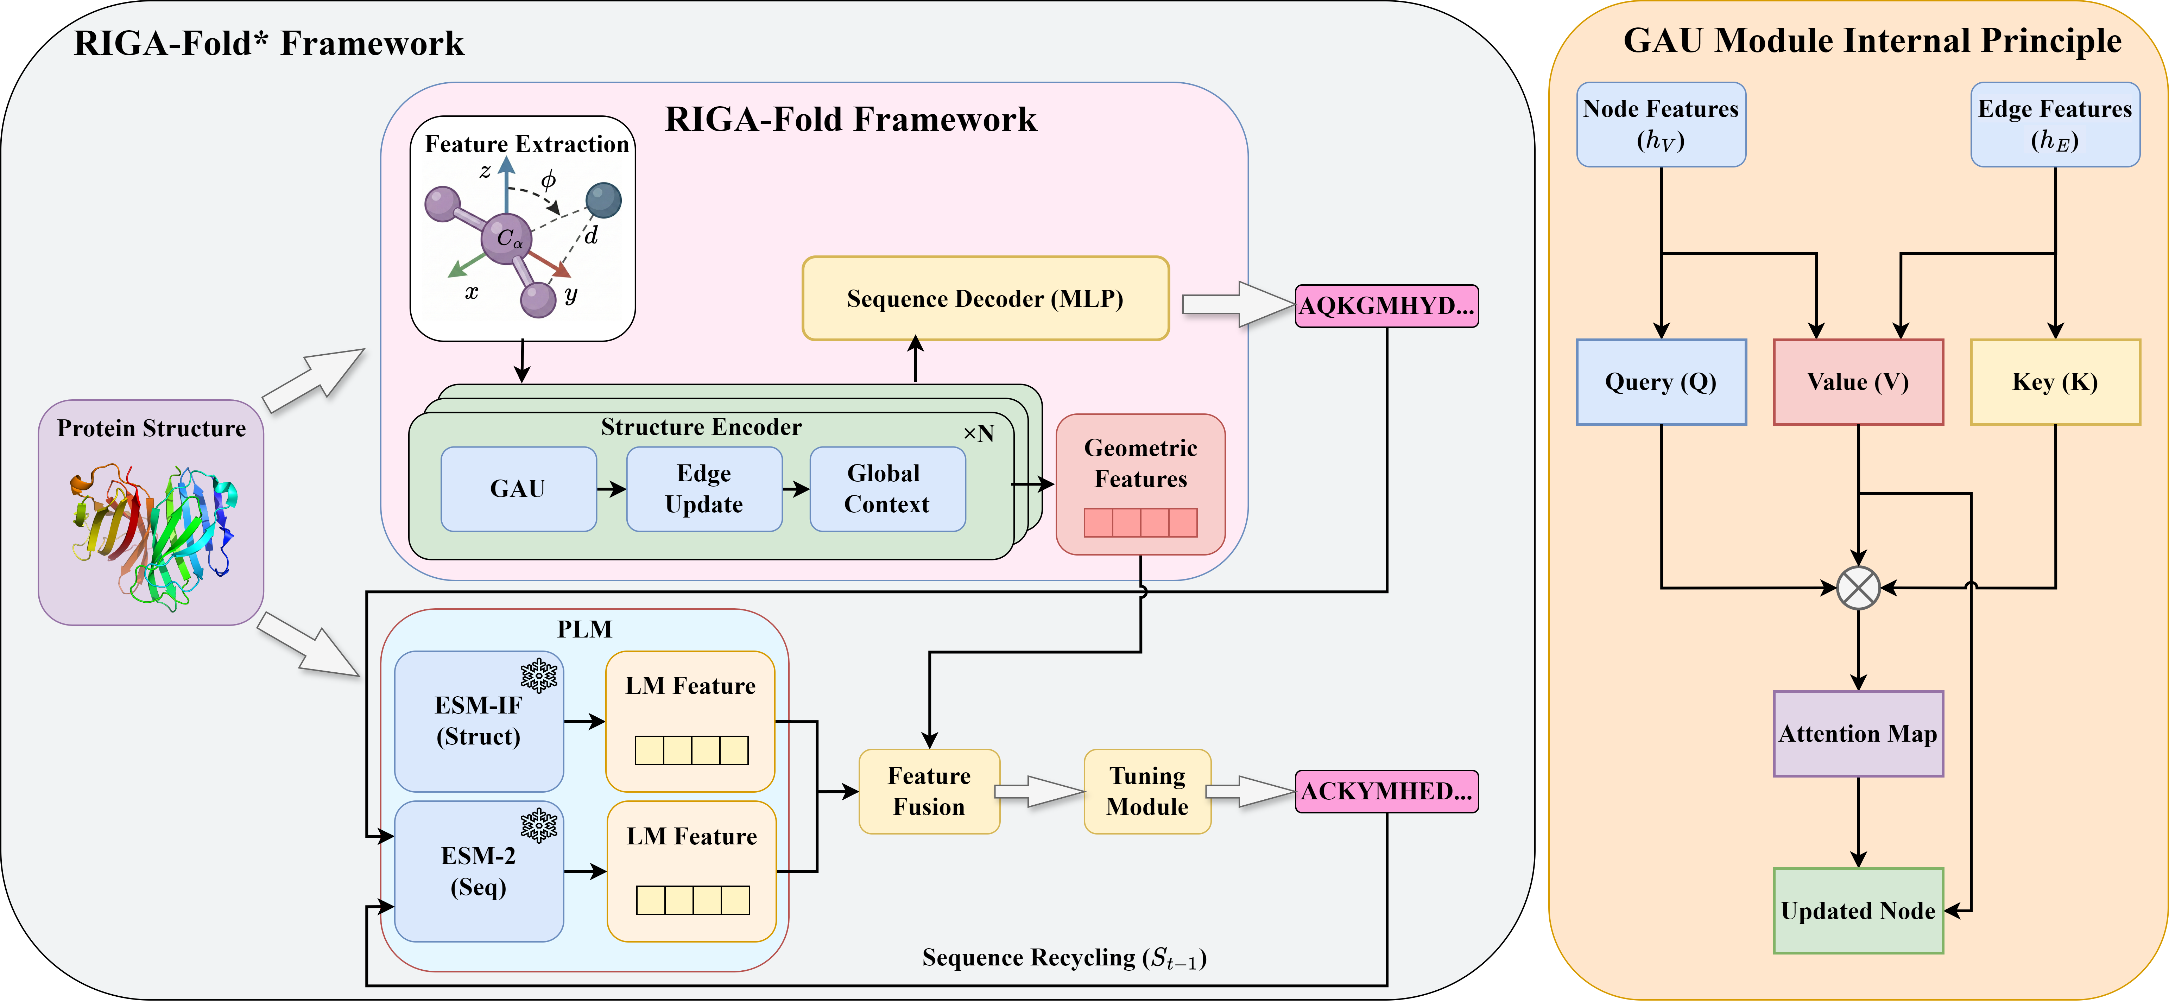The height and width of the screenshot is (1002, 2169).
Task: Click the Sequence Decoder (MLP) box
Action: click(985, 299)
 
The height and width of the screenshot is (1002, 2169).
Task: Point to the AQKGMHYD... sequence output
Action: click(1386, 306)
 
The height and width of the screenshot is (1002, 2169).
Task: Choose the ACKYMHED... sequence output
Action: click(1386, 792)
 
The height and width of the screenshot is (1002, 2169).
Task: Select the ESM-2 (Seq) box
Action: click(478, 871)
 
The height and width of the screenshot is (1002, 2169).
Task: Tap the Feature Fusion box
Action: click(929, 792)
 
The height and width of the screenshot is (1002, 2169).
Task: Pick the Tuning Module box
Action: click(1147, 792)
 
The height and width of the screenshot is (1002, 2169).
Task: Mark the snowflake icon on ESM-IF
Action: click(539, 675)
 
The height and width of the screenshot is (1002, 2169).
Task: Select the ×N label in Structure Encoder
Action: click(978, 434)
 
